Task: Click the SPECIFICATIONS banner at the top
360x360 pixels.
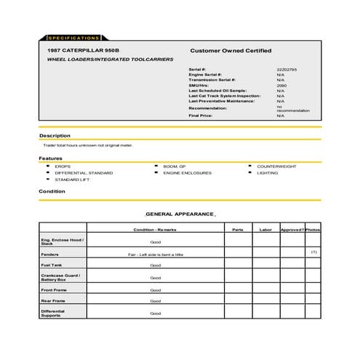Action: [x=73, y=37]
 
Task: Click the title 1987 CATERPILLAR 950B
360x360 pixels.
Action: [x=81, y=50]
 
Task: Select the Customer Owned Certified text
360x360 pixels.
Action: [x=231, y=50]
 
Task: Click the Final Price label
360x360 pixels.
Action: [x=201, y=116]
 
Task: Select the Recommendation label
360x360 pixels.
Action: [x=207, y=108]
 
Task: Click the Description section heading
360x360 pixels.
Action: [x=55, y=135]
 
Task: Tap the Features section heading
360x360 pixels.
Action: [x=50, y=158]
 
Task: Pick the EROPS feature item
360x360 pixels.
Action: [x=63, y=166]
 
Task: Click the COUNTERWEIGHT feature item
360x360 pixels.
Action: [x=276, y=166]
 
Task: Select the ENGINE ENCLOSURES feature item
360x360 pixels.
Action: [x=187, y=172]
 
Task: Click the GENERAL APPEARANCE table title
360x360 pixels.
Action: [x=180, y=215]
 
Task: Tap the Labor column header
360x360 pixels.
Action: [x=265, y=229]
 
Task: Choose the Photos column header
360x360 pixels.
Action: [x=313, y=229]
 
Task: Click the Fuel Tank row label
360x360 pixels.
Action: [x=52, y=265]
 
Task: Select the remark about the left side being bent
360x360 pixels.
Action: [x=156, y=255]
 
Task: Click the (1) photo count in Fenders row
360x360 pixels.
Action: [x=313, y=251]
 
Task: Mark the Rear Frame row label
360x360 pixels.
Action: [x=54, y=300]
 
